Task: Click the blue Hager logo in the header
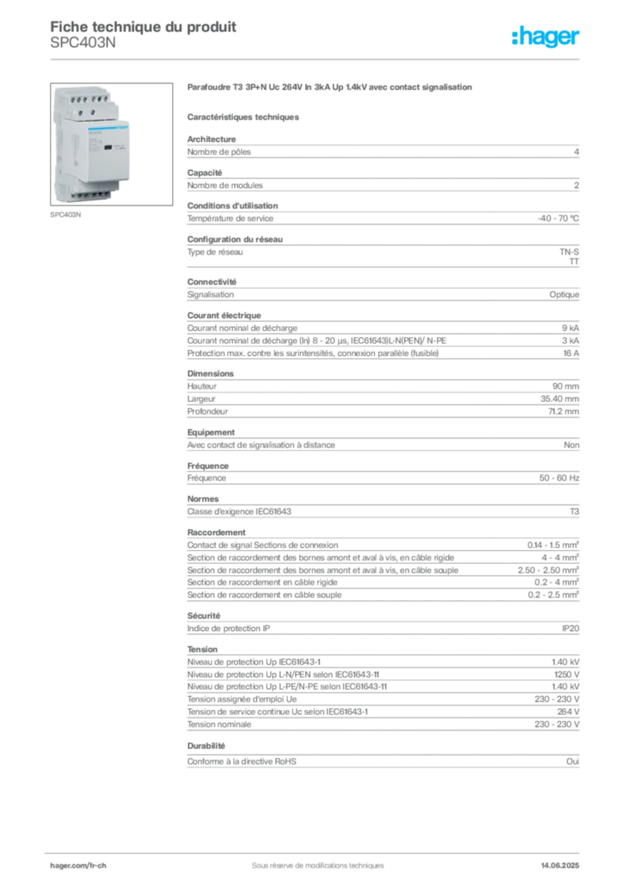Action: tap(546, 38)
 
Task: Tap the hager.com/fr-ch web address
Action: tap(77, 863)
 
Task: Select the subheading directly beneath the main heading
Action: tap(244, 116)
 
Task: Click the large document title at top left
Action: tap(142, 24)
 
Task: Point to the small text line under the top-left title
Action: tap(82, 47)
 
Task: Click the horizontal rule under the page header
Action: tap(316, 59)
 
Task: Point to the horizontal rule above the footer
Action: tap(316, 849)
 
